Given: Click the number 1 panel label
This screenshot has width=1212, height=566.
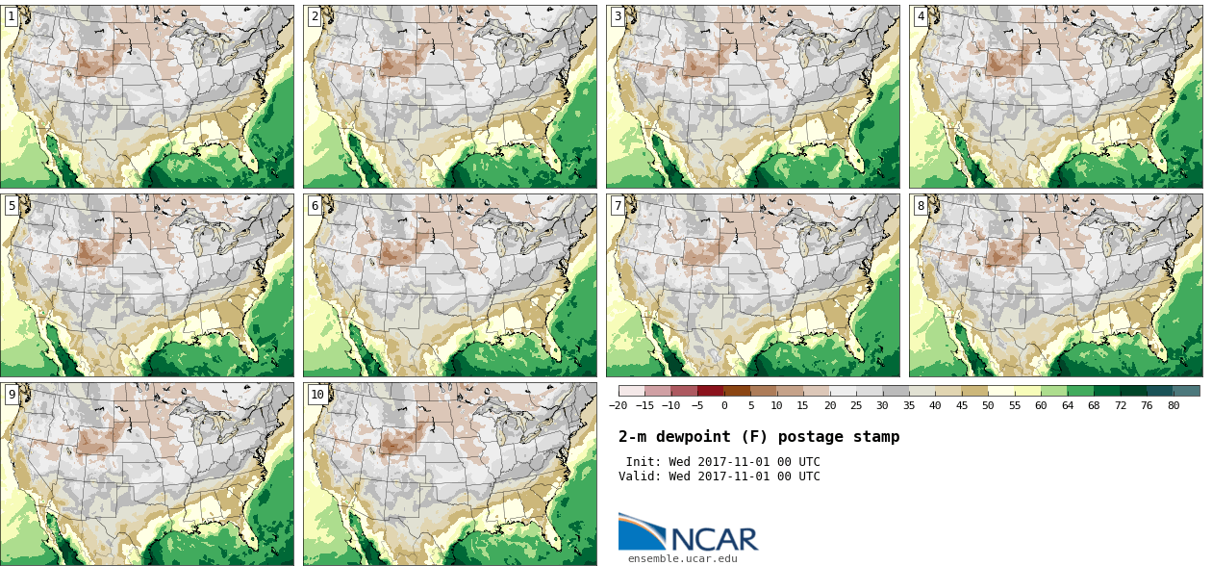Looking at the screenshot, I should (x=12, y=16).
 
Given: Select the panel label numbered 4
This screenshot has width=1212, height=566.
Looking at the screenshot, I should (x=921, y=16).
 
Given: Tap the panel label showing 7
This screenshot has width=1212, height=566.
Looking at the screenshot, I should (x=618, y=205).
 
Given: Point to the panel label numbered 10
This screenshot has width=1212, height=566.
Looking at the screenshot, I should (x=317, y=394).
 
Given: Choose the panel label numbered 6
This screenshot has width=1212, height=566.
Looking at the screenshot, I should (x=315, y=205).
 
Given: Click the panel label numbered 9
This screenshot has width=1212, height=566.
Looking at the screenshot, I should (x=12, y=394).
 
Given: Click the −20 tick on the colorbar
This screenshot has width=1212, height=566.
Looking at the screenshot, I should (x=618, y=405).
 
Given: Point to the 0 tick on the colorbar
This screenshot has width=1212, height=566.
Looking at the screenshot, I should (x=723, y=405).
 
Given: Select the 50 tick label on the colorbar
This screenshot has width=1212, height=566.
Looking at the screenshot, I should (x=988, y=405).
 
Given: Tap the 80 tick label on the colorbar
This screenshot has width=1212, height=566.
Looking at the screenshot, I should (x=1174, y=405).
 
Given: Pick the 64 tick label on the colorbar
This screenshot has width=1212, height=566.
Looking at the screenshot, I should (x=1068, y=405).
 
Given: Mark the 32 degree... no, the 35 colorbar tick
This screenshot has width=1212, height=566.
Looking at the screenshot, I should (x=909, y=405).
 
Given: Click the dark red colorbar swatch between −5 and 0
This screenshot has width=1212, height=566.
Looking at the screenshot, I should (x=710, y=391).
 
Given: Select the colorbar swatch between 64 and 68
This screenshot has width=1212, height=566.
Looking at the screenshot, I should (x=1080, y=391).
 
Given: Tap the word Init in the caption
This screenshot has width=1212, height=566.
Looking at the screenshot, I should (x=642, y=462).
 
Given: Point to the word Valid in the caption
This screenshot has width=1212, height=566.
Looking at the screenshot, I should (x=638, y=476).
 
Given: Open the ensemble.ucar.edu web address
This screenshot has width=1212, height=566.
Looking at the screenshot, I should (x=683, y=558).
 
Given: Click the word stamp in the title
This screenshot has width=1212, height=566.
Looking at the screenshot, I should (x=876, y=437).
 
